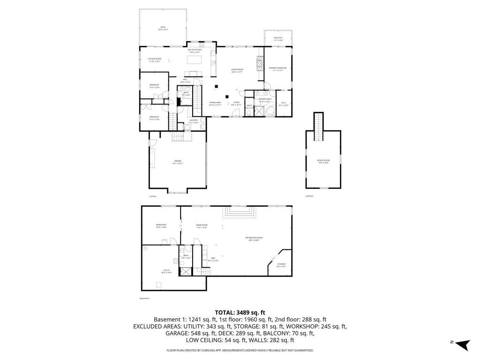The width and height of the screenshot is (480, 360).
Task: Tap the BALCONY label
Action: pyautogui.click(x=278, y=38)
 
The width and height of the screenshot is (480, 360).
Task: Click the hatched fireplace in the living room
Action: pyautogui.click(x=260, y=63)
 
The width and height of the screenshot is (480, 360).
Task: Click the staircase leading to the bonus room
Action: pyautogui.click(x=319, y=126)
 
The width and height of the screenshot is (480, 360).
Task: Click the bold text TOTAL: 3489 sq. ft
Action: pyautogui.click(x=240, y=312)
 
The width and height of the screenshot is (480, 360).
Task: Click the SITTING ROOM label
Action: pyautogui.click(x=155, y=60)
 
